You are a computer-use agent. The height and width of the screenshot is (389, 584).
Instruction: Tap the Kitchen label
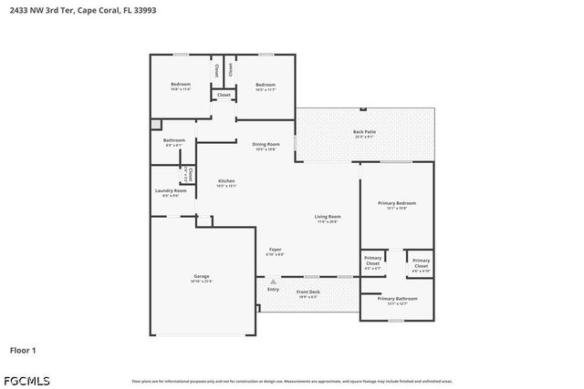tap(226, 181)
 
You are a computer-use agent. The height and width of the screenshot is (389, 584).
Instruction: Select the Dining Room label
tap(266, 144)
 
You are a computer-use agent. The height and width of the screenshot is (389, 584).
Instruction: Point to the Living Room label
tap(328, 217)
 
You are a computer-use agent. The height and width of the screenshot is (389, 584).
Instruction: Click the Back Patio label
tap(364, 133)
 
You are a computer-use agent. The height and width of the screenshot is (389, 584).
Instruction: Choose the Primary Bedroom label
tap(395, 203)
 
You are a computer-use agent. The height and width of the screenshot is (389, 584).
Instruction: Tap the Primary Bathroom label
tap(397, 299)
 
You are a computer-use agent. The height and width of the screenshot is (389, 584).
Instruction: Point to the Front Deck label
tap(308, 292)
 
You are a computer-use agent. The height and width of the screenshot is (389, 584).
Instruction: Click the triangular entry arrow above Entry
tap(272, 282)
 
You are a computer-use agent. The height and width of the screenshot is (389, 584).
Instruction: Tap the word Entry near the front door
tap(272, 290)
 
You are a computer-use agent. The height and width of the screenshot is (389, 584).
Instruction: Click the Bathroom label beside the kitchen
tap(173, 140)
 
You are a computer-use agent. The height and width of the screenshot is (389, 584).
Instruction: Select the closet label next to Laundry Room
tap(190, 173)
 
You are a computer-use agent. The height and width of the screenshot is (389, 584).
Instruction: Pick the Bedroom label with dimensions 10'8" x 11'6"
tap(180, 85)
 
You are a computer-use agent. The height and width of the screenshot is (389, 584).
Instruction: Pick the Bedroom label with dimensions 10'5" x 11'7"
tap(266, 85)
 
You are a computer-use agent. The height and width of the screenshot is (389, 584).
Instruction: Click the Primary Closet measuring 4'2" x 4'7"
tap(373, 260)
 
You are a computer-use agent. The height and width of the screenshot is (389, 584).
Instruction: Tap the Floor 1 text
tap(23, 349)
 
